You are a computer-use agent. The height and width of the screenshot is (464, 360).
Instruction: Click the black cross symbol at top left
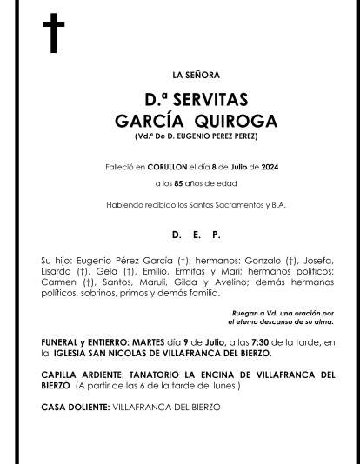pyautogui.click(x=54, y=34)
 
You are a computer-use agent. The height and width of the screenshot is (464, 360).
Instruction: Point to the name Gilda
pyautogui.click(x=193, y=282)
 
